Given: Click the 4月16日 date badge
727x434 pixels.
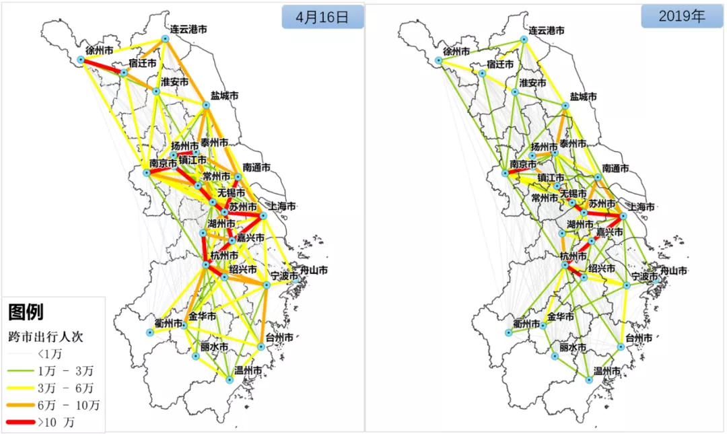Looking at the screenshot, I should [x=322, y=18].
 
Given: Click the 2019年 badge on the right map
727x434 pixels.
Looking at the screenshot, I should [x=682, y=17].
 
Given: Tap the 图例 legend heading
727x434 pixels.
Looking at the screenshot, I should [x=26, y=312].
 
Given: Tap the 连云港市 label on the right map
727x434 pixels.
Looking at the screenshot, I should [x=546, y=30].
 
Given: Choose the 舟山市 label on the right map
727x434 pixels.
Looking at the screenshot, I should [x=672, y=270].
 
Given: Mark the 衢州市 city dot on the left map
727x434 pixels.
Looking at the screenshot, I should [x=150, y=332].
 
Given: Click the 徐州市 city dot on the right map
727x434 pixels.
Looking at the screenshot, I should [x=439, y=61].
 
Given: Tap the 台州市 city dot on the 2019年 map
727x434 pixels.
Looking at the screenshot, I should [x=621, y=347].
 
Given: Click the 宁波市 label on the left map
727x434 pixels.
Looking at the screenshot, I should [x=284, y=277].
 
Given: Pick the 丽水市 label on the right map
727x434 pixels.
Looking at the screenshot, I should [x=573, y=348].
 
